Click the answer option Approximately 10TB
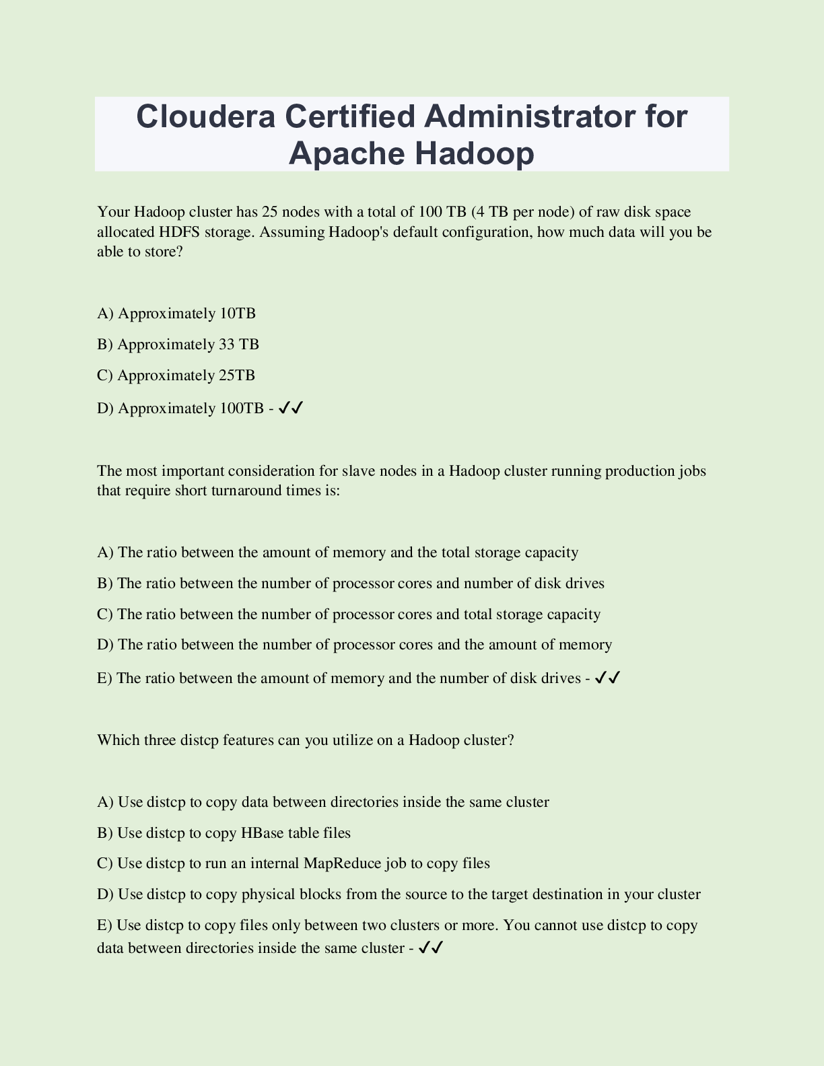tap(176, 314)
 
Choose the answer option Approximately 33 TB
tap(178, 345)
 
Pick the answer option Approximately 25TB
tap(176, 376)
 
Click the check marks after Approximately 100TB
tap(291, 408)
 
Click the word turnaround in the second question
tap(250, 491)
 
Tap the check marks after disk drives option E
tap(607, 678)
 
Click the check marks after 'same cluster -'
tap(430, 948)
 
